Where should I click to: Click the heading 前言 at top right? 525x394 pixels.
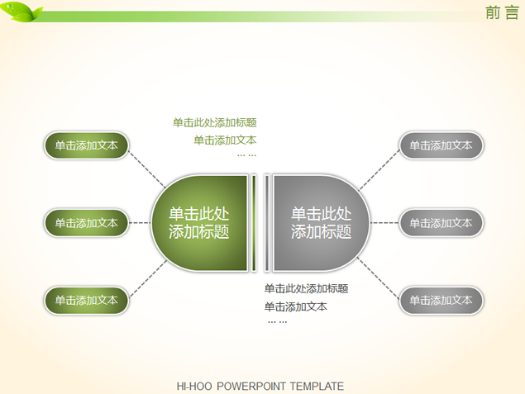tap(502, 12)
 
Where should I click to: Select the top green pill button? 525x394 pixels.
tap(87, 145)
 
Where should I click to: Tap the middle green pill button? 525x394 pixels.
tap(87, 223)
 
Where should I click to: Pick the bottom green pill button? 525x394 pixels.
tap(87, 301)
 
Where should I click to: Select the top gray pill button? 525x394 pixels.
tap(441, 145)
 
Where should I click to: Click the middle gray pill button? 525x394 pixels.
tap(441, 223)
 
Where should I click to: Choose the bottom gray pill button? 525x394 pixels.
tap(441, 301)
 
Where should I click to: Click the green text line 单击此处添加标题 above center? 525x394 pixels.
tap(214, 122)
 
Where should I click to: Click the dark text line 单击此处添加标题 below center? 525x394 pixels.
tap(306, 288)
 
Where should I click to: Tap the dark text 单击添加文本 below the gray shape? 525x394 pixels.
tap(295, 306)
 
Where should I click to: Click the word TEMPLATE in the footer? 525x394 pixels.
tap(316, 386)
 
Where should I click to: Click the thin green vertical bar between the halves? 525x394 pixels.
tap(255, 222)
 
